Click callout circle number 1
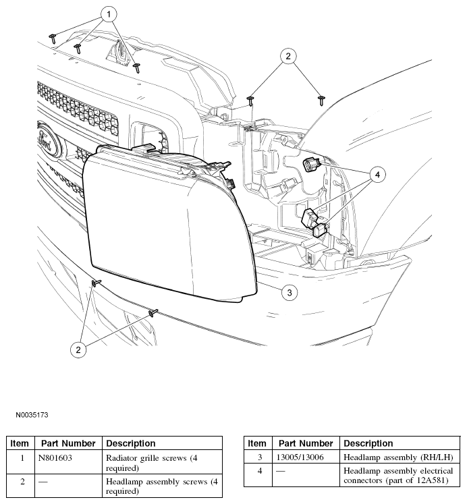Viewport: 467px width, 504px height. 108,13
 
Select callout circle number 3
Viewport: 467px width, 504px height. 289,293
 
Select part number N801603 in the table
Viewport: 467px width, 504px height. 55,457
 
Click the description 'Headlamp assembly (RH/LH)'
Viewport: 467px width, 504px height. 398,457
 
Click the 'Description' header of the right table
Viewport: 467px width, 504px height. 368,443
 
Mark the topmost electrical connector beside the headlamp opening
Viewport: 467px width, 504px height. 312,163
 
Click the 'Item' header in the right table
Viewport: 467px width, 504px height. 256,443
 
